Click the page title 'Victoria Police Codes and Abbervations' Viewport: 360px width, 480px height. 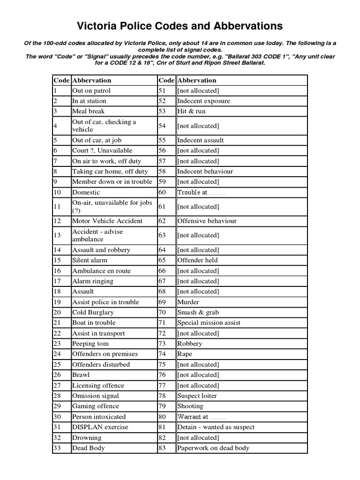180,25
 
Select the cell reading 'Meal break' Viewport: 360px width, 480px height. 88,111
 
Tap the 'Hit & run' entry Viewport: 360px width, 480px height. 191,111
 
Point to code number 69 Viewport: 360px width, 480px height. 163,302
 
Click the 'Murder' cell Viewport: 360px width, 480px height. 188,302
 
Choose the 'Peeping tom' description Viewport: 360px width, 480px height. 90,344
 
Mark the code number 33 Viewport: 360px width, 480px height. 57,448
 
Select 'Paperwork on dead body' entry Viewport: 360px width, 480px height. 213,448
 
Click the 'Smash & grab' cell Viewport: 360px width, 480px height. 198,312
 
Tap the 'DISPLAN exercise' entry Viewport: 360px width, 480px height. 100,427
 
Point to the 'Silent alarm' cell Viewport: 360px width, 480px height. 90,260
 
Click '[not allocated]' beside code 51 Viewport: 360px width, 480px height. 198,90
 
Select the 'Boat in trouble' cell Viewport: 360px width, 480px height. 93,322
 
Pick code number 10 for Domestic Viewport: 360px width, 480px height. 57,192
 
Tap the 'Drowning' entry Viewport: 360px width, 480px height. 86,437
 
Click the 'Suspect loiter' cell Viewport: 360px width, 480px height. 197,396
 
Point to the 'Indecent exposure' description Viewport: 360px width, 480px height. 203,101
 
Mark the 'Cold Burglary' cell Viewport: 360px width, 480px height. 93,312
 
